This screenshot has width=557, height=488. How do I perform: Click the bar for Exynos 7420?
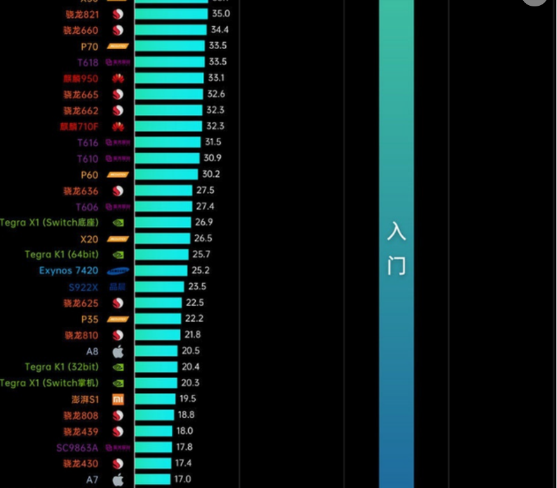pos(161,270)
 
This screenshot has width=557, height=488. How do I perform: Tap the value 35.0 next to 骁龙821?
pos(221,13)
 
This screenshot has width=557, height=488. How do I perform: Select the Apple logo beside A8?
pos(118,351)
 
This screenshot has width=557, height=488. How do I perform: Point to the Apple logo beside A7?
pos(118,479)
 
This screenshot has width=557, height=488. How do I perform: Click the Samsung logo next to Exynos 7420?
pos(118,271)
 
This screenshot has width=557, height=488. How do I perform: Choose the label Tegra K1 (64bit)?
pos(63,255)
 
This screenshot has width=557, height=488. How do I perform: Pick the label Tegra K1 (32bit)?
pos(62,367)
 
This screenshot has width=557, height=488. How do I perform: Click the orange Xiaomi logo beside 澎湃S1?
pos(118,399)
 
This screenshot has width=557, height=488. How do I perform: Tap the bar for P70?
pos(169,46)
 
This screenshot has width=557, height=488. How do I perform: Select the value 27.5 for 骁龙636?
pos(205,190)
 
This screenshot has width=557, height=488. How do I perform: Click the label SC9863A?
pos(77,447)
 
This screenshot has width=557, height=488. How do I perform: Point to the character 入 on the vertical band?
pos(396,231)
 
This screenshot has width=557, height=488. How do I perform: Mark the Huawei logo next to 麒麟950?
pos(118,78)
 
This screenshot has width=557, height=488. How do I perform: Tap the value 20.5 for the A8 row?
pos(190,351)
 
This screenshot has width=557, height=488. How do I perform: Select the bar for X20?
pos(162,239)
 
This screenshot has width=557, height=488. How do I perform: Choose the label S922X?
pos(84,287)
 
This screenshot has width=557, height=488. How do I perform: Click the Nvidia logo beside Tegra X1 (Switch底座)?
pos(118,223)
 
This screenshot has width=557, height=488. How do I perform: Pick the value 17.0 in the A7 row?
pos(182,479)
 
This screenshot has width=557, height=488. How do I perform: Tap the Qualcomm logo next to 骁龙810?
pos(118,335)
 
